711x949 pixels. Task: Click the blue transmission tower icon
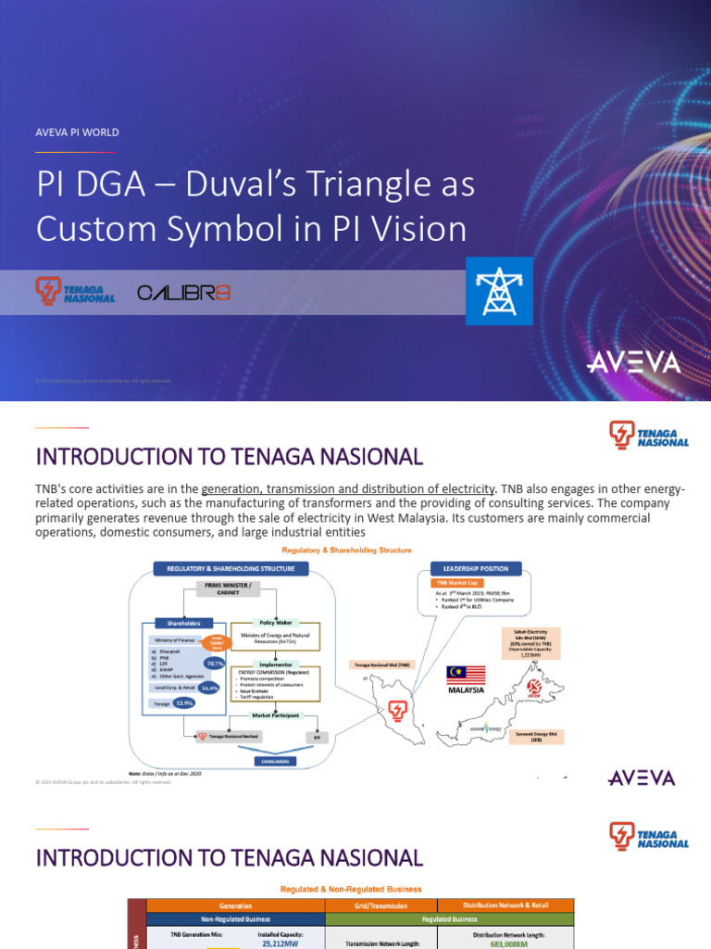click(x=499, y=291)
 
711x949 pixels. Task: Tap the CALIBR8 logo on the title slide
click(x=183, y=293)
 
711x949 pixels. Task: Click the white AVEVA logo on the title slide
click(x=633, y=362)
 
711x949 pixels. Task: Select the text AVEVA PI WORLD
click(x=77, y=133)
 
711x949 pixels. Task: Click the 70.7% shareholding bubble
click(x=216, y=664)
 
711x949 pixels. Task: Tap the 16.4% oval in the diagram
click(x=210, y=689)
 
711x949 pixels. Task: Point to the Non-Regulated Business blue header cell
click(x=235, y=919)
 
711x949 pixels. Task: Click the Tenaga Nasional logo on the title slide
click(x=75, y=291)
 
